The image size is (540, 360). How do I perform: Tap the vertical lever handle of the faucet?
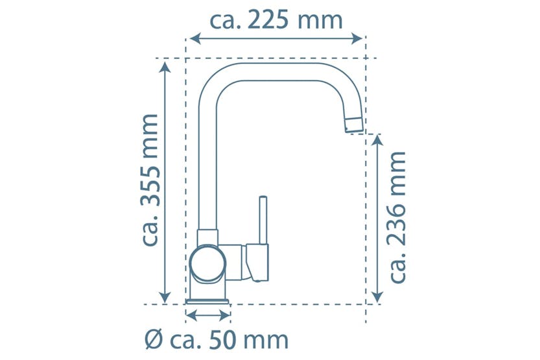tap(263, 221)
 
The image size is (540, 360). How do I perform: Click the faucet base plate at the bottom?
tap(208, 302)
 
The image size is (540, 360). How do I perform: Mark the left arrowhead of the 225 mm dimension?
tap(193, 39)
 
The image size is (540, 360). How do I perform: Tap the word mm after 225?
tap(320, 20)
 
